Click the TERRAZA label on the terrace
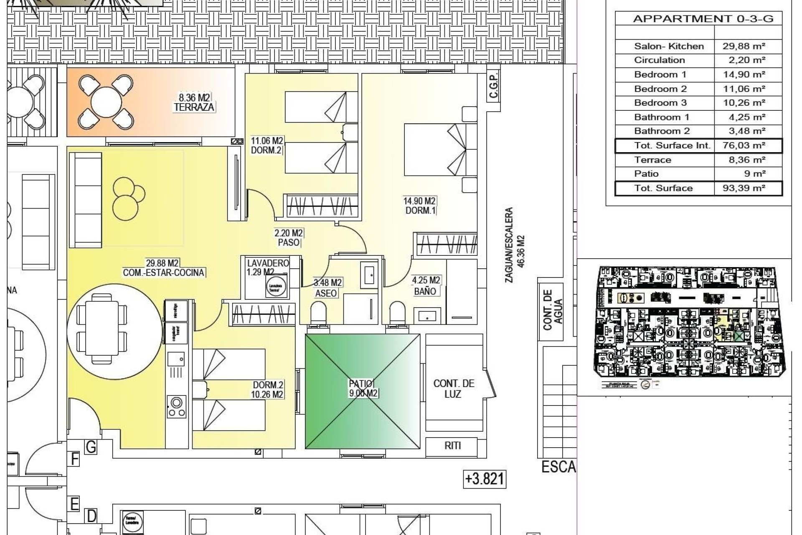(194, 107)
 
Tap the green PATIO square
(363, 392)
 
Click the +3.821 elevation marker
(485, 479)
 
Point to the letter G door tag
(91, 447)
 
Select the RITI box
(452, 446)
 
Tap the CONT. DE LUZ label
(454, 389)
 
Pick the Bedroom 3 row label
(660, 103)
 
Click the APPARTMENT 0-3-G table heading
(703, 19)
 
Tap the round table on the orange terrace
(106, 102)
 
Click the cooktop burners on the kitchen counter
(176, 407)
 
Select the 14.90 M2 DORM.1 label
(419, 206)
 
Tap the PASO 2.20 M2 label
(289, 238)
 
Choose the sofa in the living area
(85, 200)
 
